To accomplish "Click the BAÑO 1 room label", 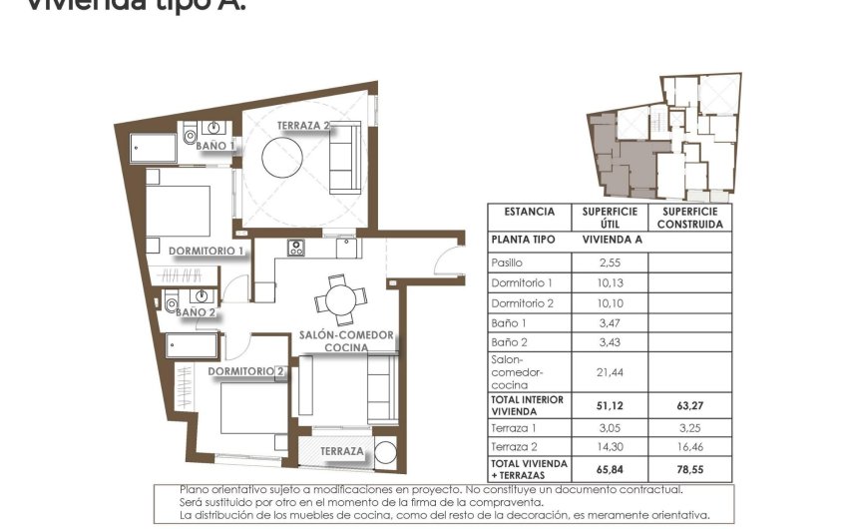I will [215, 146].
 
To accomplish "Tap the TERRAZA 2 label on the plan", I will [304, 126].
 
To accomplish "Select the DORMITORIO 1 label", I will [207, 251].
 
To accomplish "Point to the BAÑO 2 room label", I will [196, 312].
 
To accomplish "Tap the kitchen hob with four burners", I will [295, 249].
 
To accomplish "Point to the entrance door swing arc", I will [448, 261].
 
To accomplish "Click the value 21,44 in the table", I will [610, 371].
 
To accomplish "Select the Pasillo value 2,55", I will [610, 263].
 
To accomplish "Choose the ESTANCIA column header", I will [529, 212].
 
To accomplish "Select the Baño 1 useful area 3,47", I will [610, 323].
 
